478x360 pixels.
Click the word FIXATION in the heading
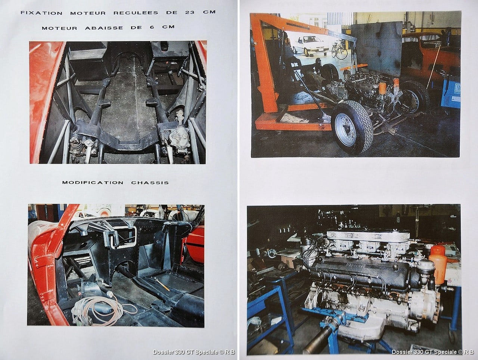click(x=41, y=13)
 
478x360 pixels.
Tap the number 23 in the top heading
click(x=190, y=12)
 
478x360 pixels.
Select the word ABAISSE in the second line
click(x=104, y=28)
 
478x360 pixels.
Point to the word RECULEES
click(x=136, y=13)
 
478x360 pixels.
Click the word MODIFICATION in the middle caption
click(x=93, y=183)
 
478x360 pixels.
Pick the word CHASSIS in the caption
click(x=150, y=183)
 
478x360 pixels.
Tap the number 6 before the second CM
click(x=152, y=27)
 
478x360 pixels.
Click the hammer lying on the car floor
click(x=162, y=284)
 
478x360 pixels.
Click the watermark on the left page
click(x=193, y=352)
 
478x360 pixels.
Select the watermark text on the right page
click(x=432, y=352)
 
